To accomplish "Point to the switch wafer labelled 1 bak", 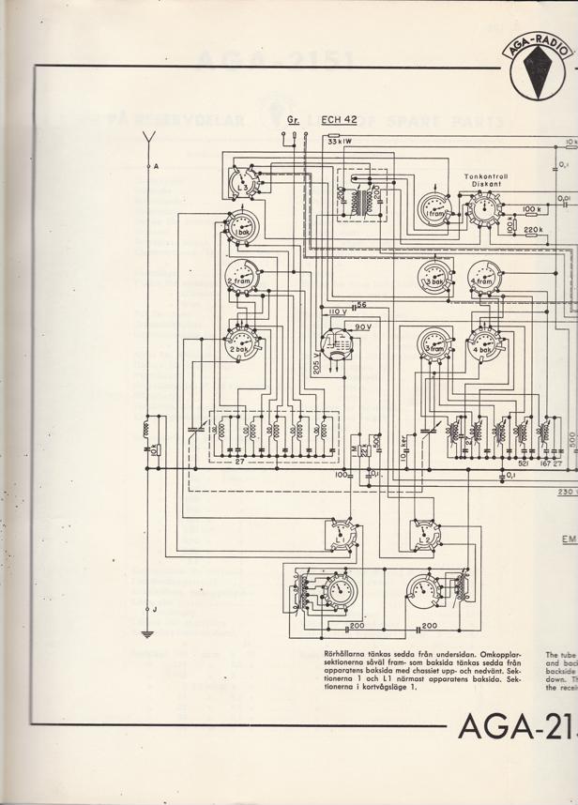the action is [243, 229].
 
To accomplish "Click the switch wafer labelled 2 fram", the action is [243, 275].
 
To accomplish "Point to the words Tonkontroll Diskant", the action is [484, 180].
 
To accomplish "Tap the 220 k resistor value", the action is [533, 229].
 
